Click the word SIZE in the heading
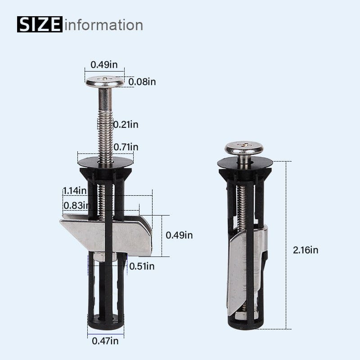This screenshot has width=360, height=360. click(x=40, y=24)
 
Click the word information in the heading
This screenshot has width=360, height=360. click(x=104, y=24)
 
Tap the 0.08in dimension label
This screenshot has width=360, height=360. click(x=142, y=82)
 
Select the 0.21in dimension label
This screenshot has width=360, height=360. click(x=126, y=125)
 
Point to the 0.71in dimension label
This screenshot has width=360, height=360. click(x=126, y=147)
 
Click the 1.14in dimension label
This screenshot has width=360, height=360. click(x=75, y=190)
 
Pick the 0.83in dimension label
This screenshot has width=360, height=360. click(x=75, y=205)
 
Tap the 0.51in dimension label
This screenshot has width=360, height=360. click(x=142, y=266)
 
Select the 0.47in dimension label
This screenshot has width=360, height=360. click(x=105, y=341)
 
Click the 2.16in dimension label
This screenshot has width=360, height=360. click(x=305, y=250)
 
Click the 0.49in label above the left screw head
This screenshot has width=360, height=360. click(x=104, y=64)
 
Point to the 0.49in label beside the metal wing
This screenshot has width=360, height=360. click(x=179, y=235)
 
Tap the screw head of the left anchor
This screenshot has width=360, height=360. click(x=105, y=82)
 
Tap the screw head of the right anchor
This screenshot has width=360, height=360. click(x=244, y=147)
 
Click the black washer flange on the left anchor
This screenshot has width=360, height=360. click(x=105, y=161)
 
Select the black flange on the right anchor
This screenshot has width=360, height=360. click(x=245, y=163)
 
